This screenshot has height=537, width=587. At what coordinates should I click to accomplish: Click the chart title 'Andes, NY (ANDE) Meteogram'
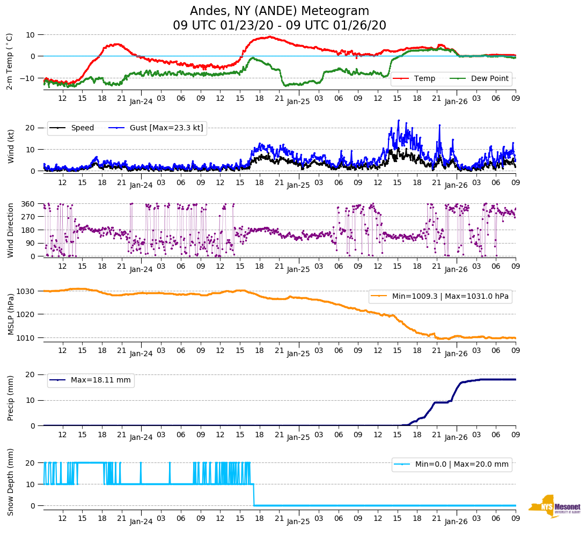tap(280, 11)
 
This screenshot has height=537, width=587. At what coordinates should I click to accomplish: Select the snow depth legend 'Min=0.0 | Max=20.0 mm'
tap(461, 465)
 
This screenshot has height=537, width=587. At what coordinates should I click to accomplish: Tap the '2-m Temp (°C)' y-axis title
tap(9, 61)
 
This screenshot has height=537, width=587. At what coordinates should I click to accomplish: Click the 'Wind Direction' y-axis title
tap(10, 230)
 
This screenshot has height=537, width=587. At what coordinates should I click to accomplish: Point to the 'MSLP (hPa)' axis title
tap(10, 314)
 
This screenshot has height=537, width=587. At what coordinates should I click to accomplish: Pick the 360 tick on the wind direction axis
tap(28, 204)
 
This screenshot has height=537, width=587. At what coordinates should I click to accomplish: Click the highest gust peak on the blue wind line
tap(399, 120)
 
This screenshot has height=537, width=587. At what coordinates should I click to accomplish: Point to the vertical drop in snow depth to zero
tap(254, 495)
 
